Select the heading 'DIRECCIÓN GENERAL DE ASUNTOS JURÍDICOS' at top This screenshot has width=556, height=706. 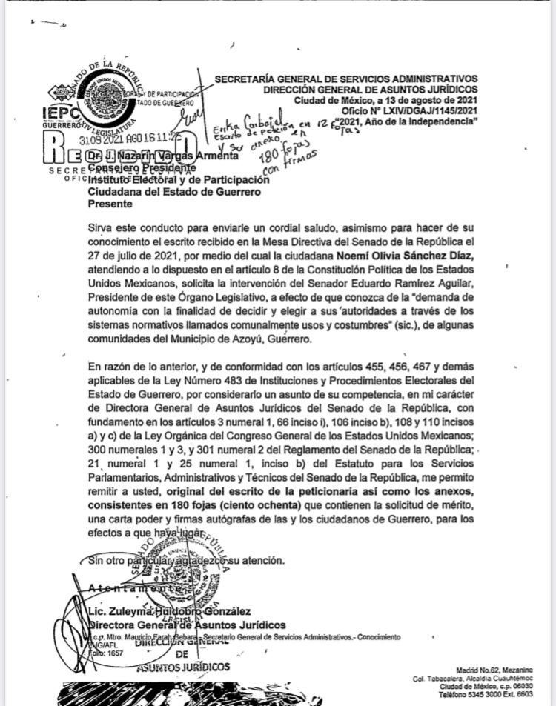click(x=370, y=89)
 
